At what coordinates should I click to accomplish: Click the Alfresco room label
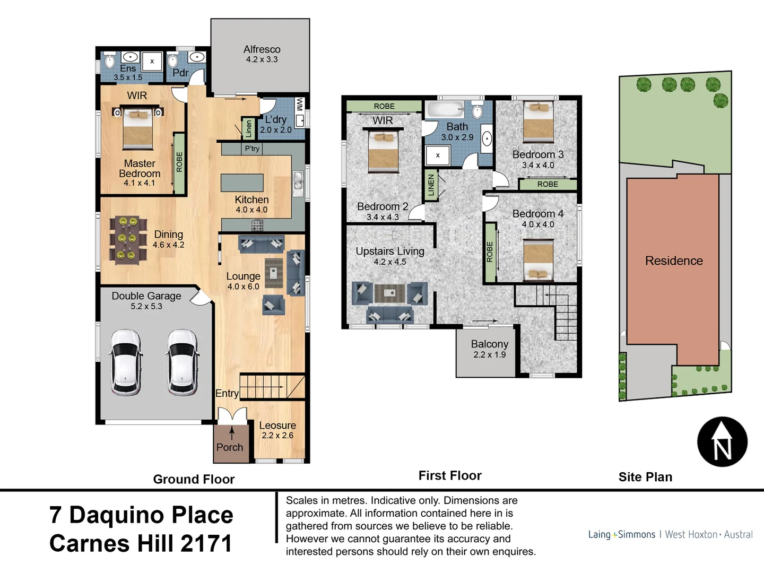(x=262, y=49)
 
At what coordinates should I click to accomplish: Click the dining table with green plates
(x=127, y=240)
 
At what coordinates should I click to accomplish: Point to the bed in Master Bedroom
(x=137, y=128)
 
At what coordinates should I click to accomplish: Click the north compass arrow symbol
(x=722, y=442)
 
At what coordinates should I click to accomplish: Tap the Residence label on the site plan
(x=674, y=261)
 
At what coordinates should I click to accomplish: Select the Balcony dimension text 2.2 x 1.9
(x=489, y=355)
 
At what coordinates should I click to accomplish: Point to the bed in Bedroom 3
(x=538, y=122)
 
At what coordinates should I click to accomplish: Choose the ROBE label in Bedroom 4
(x=490, y=252)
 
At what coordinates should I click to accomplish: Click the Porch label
(x=230, y=447)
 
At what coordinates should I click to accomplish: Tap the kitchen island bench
(x=242, y=183)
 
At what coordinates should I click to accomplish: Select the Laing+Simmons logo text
(x=621, y=534)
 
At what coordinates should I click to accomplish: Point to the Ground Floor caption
(x=194, y=479)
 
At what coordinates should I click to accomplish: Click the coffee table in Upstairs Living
(x=390, y=292)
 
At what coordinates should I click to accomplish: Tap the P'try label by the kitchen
(x=252, y=149)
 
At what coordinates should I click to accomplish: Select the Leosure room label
(x=277, y=426)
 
